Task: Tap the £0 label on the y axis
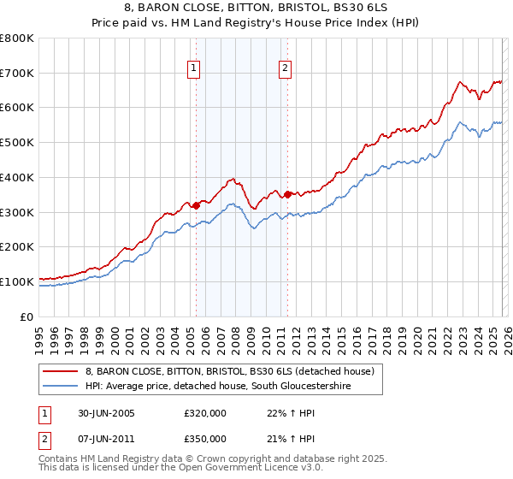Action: point(27,316)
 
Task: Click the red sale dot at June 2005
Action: point(196,205)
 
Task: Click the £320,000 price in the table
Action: point(204,413)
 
